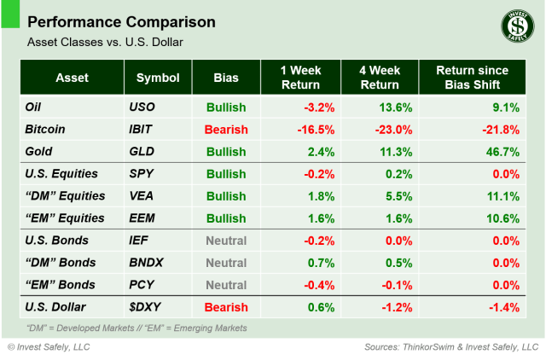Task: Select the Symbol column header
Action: (x=158, y=78)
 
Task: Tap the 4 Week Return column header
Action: (x=379, y=78)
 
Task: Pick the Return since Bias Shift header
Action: (x=472, y=78)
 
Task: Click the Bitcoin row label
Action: (x=47, y=130)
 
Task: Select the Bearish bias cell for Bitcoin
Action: (x=226, y=130)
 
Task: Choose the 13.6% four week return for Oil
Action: (x=395, y=107)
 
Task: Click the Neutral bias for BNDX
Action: (x=226, y=263)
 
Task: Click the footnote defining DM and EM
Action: (x=136, y=328)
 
